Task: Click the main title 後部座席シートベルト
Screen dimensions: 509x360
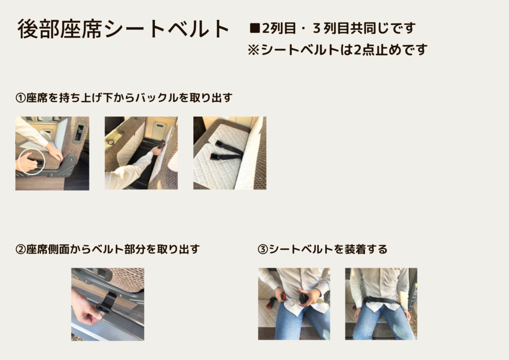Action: (123, 29)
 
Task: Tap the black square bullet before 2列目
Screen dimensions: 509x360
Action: (255, 28)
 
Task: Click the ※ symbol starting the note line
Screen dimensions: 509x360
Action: (253, 50)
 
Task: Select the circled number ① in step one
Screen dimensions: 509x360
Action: (20, 98)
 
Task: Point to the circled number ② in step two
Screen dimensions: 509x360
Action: (20, 249)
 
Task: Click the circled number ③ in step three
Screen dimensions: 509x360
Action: (262, 249)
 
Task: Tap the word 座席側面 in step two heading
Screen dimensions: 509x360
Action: (48, 249)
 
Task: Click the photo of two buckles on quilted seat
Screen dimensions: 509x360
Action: (230, 153)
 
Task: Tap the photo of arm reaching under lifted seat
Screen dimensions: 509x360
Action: (141, 153)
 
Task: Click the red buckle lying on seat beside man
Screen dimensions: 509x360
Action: (270, 304)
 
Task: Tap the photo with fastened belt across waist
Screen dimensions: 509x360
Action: (381, 304)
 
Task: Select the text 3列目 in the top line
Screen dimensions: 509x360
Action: (331, 28)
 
